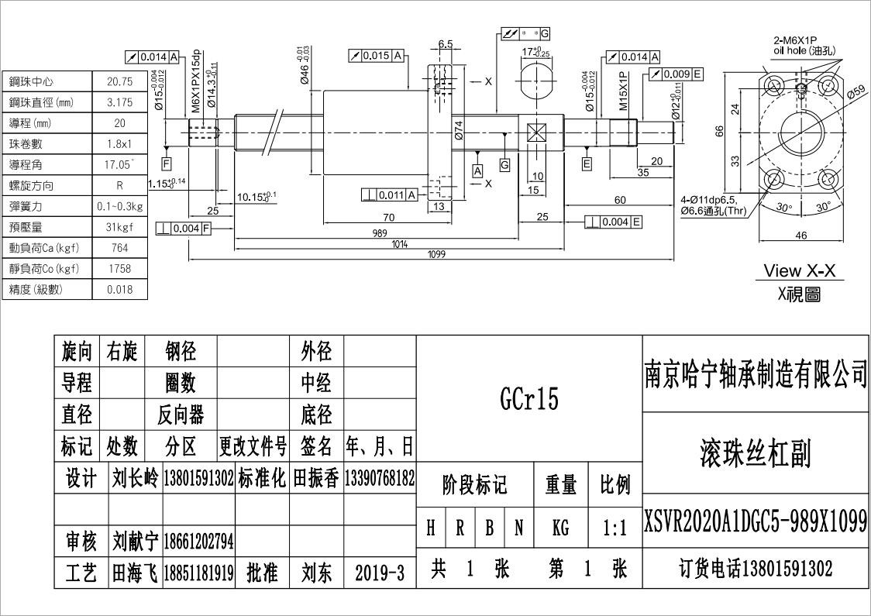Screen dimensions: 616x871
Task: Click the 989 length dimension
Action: point(379,232)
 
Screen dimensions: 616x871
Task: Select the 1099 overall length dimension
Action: point(436,254)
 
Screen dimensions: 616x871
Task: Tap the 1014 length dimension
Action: point(400,244)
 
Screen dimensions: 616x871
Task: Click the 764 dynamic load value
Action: point(119,248)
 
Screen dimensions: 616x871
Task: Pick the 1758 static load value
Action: point(119,269)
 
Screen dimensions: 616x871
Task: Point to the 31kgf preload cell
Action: point(119,227)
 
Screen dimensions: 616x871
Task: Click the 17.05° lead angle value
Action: point(119,164)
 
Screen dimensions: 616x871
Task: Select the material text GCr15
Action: point(529,398)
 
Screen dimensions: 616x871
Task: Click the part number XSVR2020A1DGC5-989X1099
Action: point(756,521)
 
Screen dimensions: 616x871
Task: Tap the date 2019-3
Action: point(380,573)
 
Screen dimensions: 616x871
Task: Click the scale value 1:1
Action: point(615,528)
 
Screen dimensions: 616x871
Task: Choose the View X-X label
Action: point(799,271)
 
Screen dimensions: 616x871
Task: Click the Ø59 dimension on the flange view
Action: point(856,91)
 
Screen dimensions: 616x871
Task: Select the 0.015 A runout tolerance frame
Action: point(377,56)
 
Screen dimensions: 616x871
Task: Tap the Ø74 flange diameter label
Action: point(459,130)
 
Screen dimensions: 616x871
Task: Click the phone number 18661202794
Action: point(198,539)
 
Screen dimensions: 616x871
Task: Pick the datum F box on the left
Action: point(167,163)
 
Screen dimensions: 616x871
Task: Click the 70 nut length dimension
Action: point(389,218)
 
